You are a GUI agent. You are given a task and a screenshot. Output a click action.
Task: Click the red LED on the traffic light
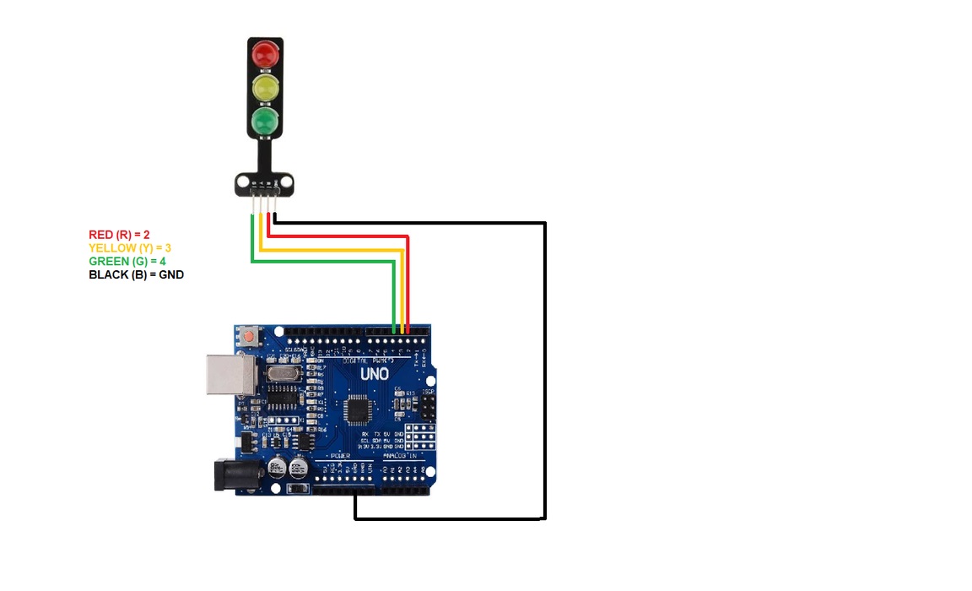coord(265,55)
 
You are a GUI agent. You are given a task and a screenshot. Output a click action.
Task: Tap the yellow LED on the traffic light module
coord(265,86)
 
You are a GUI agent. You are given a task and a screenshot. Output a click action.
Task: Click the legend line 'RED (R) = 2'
coord(119,234)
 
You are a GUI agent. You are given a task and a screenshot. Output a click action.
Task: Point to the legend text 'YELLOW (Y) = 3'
coord(130,247)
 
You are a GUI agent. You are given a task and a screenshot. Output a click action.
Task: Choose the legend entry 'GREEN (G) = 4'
coord(127,261)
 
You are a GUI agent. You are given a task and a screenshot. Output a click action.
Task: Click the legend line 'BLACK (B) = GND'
coord(136,274)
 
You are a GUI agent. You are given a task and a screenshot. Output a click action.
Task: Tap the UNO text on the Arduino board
coord(375,373)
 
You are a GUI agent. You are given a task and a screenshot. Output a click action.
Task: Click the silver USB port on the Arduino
coord(229,374)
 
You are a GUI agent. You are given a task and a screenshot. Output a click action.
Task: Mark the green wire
coord(321,262)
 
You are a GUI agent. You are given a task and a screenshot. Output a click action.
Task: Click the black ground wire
coord(545,380)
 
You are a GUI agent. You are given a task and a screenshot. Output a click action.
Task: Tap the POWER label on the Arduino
coord(340,456)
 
